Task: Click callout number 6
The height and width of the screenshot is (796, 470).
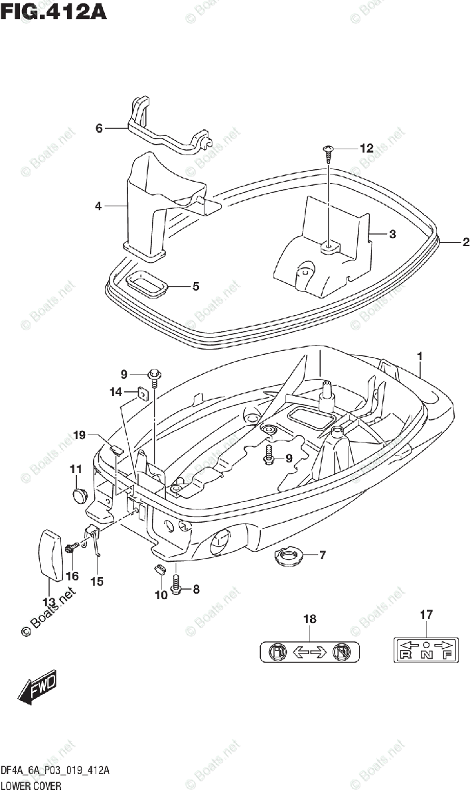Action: [99, 128]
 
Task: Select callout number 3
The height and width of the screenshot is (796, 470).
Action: [392, 233]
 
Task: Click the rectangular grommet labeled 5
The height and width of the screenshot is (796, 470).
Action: [147, 286]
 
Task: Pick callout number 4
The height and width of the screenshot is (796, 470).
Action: [98, 206]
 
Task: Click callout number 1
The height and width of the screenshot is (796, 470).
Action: [420, 357]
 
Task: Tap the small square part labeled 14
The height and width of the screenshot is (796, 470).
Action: [141, 394]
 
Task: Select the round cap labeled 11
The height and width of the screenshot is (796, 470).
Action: [80, 494]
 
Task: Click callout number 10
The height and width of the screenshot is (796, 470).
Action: [161, 595]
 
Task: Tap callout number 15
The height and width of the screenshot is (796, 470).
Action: [97, 581]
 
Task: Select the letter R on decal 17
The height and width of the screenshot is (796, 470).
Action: [404, 655]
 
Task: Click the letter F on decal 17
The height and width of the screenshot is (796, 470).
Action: [447, 655]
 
